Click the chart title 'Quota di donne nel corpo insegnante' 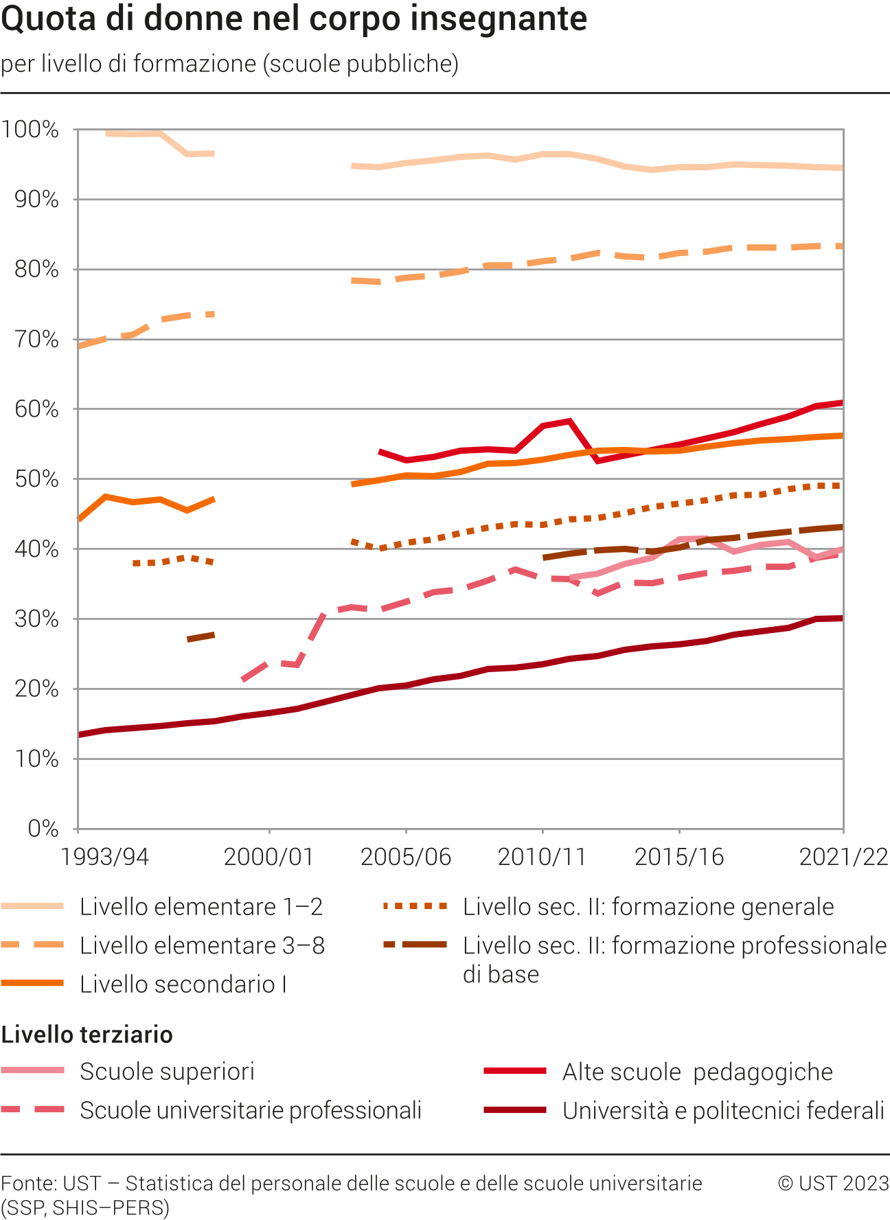tap(294, 19)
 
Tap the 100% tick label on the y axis tap(31, 130)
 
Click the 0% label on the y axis tap(43, 829)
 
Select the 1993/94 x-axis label tap(104, 857)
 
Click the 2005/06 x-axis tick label tap(406, 857)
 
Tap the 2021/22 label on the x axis tap(843, 857)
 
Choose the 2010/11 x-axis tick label tap(543, 857)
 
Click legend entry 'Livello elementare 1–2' tap(201, 907)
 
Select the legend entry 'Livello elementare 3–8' tap(202, 945)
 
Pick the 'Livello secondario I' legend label tap(183, 985)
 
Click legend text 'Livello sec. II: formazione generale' tap(648, 907)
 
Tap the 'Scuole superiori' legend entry tap(167, 1072)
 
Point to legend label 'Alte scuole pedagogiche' tap(697, 1072)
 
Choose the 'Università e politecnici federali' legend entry tap(722, 1110)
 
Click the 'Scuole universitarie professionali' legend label tap(250, 1110)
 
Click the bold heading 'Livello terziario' tap(87, 1035)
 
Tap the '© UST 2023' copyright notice tap(833, 1184)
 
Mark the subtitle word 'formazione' tap(194, 64)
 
